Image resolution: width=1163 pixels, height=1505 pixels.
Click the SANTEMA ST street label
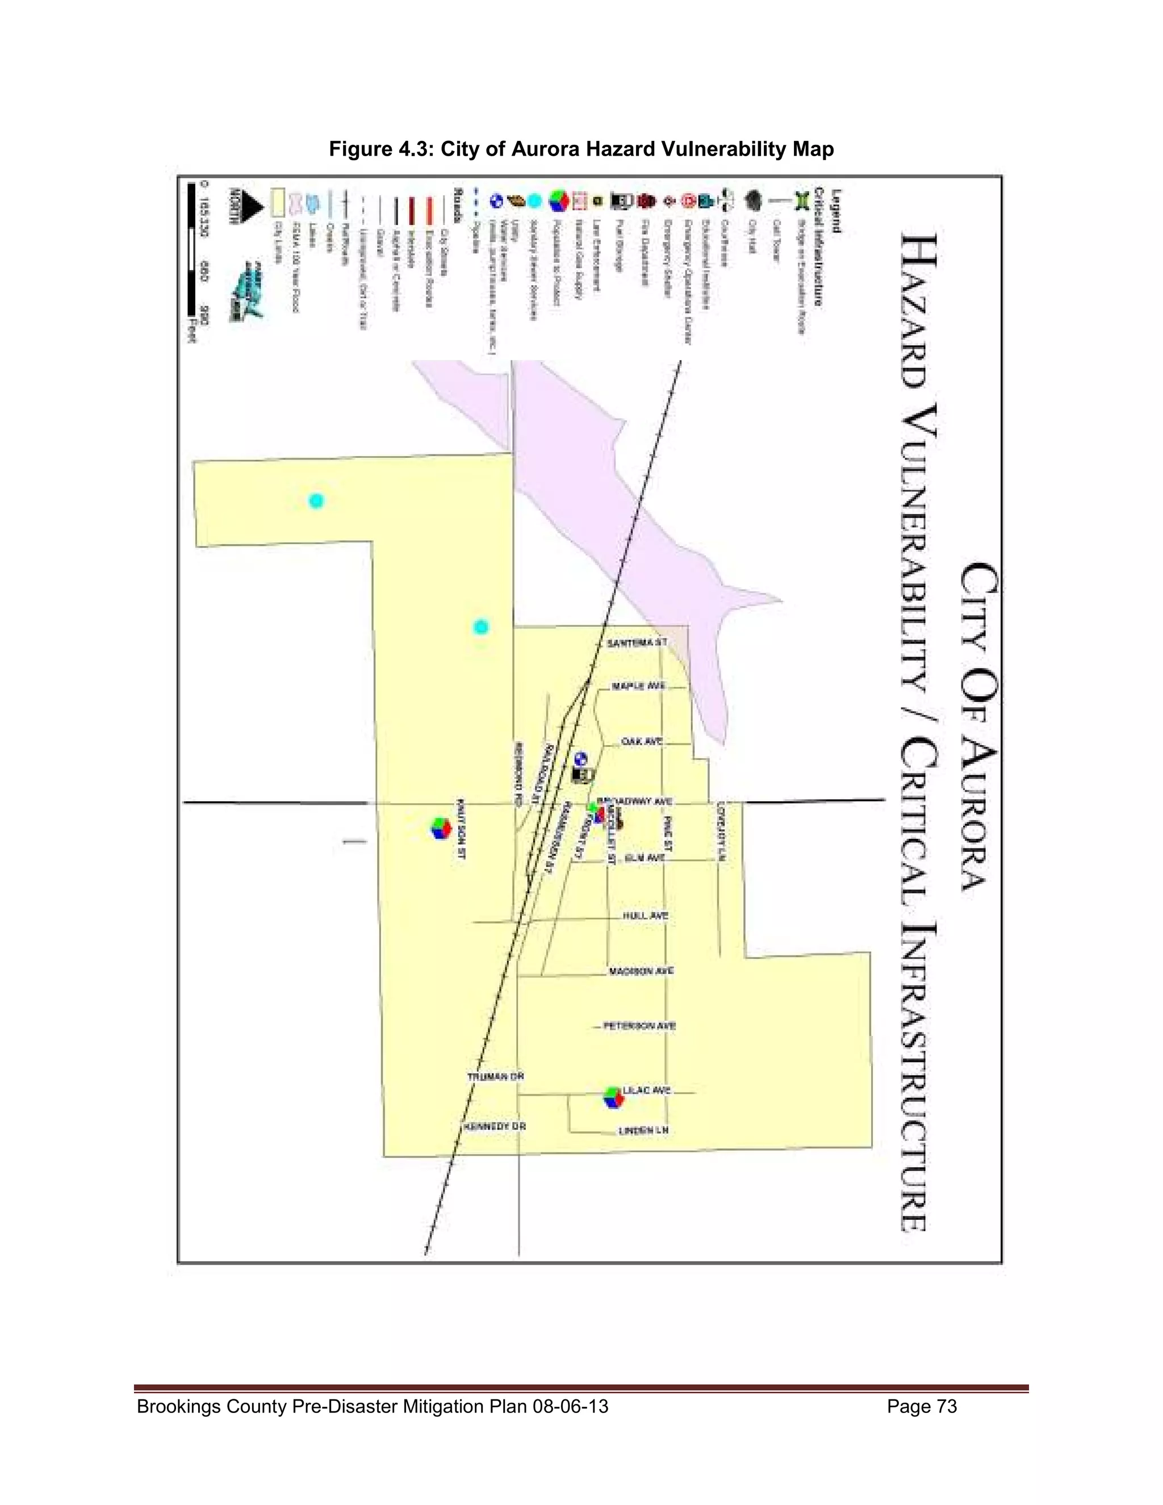(x=637, y=642)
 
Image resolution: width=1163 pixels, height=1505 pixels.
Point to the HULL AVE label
(x=646, y=916)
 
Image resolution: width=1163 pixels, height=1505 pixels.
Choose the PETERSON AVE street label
(x=639, y=1025)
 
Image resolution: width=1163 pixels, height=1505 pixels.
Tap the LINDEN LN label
(x=643, y=1131)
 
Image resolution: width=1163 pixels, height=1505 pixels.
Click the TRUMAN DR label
(x=495, y=1076)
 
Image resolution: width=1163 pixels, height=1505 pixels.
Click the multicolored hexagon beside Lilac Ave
(x=613, y=1097)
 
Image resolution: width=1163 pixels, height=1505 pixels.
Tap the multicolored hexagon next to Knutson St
(x=441, y=827)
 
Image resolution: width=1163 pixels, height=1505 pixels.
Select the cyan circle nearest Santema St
(x=481, y=627)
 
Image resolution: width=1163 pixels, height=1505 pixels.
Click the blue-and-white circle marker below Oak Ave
(x=581, y=759)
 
